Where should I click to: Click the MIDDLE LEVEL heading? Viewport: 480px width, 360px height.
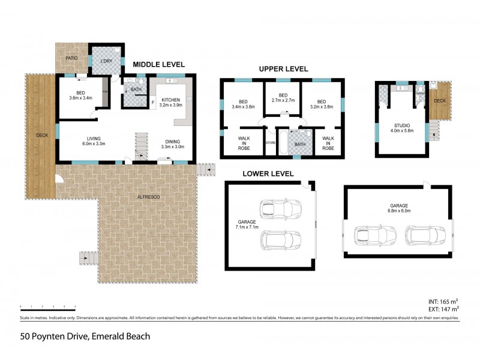(x=158, y=65)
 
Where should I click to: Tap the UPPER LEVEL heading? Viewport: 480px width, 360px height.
(x=283, y=69)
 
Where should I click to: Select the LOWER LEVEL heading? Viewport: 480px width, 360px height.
(x=268, y=174)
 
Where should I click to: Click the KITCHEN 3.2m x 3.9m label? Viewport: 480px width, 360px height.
(x=171, y=101)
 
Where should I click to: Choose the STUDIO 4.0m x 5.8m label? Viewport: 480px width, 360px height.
(x=402, y=128)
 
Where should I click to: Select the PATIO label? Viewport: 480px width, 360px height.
(x=71, y=58)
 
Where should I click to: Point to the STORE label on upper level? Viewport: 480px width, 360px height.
(x=270, y=143)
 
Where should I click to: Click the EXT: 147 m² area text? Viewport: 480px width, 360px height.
(x=443, y=308)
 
